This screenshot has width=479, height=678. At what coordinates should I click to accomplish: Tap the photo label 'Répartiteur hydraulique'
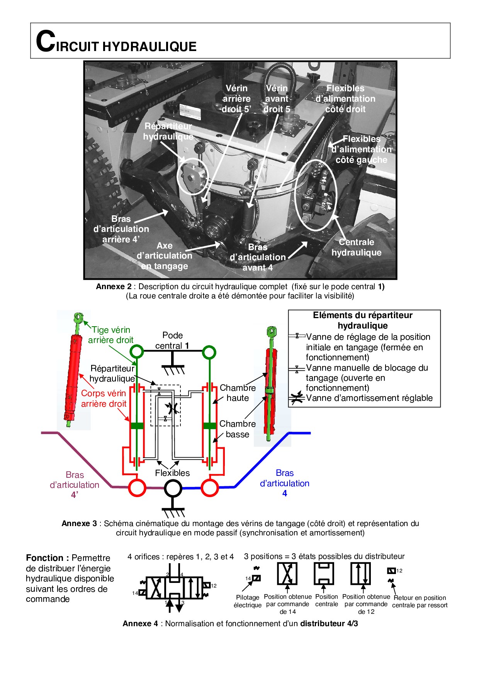168,131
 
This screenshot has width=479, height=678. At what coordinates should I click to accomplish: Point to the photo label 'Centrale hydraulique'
356,247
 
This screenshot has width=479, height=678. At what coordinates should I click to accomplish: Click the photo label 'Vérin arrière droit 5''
236,99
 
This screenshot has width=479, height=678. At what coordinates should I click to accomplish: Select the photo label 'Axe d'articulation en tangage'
165,256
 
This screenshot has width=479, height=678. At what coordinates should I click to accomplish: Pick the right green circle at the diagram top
209,352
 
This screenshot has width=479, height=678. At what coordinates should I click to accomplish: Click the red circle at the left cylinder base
137,488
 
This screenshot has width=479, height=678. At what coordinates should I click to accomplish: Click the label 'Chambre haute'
238,393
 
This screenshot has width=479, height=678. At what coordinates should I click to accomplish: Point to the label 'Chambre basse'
237,429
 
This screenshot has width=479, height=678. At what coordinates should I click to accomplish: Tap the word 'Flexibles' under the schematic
172,473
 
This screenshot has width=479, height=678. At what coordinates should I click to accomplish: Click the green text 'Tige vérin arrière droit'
111,335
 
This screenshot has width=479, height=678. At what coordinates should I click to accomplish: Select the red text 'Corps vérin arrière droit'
104,399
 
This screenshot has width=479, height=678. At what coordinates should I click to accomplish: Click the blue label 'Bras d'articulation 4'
285,483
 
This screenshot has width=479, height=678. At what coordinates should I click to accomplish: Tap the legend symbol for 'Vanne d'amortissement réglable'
297,399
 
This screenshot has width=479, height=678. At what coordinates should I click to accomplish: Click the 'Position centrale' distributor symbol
324,574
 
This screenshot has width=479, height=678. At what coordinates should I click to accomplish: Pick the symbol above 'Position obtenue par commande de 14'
287,574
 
